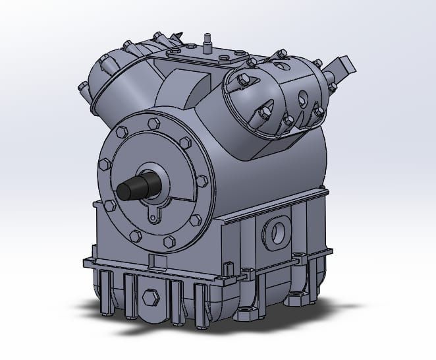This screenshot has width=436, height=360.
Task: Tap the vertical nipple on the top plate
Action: (205, 40)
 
